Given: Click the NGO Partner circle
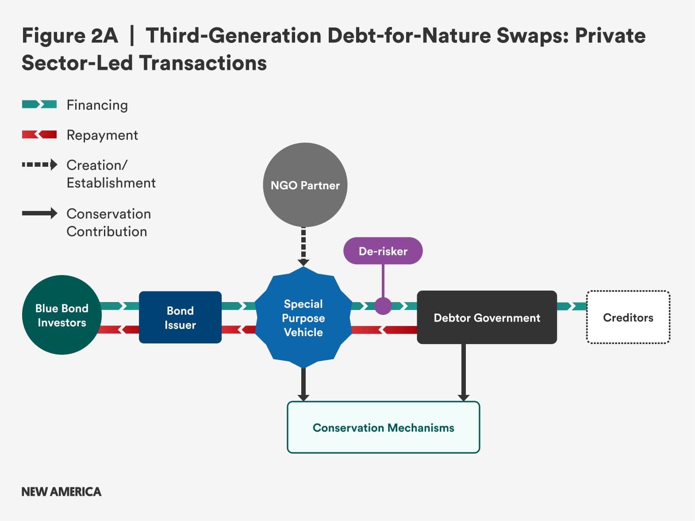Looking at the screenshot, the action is pos(305,185).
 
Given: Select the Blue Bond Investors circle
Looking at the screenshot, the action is pos(62,314).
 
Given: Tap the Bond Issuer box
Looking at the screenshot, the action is pos(180,317).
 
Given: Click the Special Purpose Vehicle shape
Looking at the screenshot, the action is pos(303,318).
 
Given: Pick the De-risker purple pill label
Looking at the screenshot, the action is pos(383,251).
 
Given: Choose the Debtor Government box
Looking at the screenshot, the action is pos(487,317).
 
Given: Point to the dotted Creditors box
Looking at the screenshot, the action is pos(628,317).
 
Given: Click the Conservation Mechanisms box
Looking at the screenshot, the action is pos(384,427).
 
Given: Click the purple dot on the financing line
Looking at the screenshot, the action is pos(383,306).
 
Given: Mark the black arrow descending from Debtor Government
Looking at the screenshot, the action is pos(464,372).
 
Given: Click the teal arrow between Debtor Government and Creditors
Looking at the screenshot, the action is pos(572,306).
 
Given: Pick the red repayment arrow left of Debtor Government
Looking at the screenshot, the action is pos(384,330).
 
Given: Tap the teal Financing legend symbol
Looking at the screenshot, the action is pos(39,104).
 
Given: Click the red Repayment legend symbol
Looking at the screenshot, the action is pos(39,134).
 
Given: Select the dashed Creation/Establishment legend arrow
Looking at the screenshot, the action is pos(39,165).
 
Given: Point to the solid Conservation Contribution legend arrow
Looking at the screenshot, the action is pos(39,213).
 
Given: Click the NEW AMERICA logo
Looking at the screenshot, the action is pos(61,491).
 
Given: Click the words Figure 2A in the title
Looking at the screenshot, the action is pos(70,35).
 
